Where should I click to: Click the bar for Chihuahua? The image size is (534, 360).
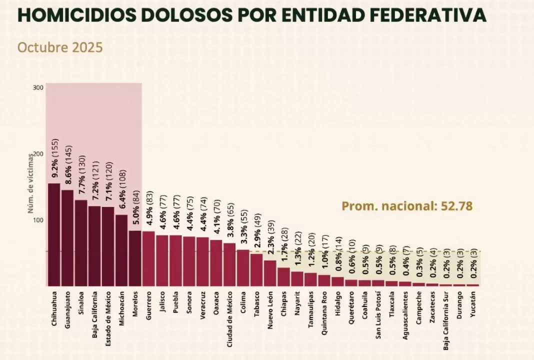54,234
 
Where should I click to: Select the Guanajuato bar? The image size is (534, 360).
67,238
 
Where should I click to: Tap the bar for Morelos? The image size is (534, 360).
135,258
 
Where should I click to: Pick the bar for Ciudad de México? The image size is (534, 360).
229,264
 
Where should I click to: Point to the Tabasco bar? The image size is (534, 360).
256,270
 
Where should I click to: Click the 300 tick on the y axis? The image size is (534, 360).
38,88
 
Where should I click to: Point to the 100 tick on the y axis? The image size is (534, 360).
38,220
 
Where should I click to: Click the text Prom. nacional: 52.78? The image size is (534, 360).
407,206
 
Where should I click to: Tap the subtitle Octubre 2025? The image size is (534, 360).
60,47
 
